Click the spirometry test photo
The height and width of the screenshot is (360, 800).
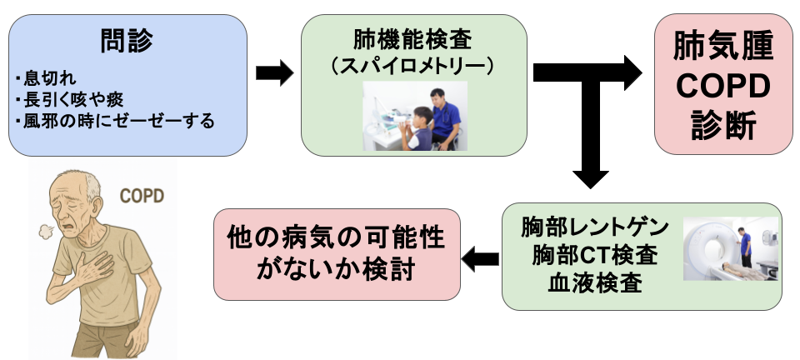pyautogui.click(x=414, y=115)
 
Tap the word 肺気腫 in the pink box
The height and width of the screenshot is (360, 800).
pyautogui.click(x=723, y=47)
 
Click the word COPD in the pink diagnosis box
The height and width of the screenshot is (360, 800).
pyautogui.click(x=723, y=86)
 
